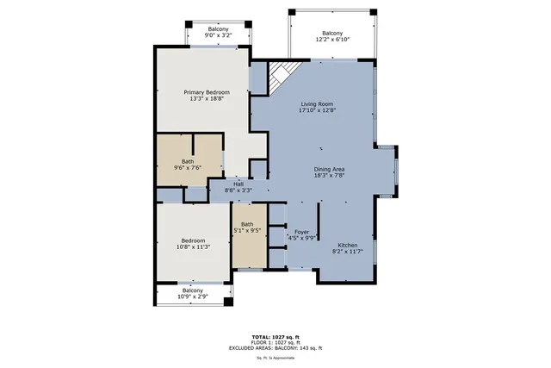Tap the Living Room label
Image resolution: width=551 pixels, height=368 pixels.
click(317, 104)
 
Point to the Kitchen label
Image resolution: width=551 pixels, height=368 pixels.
click(347, 245)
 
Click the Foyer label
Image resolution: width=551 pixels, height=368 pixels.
click(301, 231)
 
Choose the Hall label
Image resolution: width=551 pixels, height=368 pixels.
click(238, 184)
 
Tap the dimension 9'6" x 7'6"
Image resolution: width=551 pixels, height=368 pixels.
click(188, 168)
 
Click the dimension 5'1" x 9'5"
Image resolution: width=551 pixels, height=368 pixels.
click(247, 231)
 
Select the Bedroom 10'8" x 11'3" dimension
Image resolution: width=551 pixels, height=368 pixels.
click(193, 247)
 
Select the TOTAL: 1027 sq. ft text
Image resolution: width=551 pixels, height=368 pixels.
click(275, 336)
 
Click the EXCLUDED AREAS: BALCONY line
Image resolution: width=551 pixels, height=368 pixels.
click(275, 347)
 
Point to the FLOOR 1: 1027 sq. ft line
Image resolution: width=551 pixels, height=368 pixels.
click(275, 342)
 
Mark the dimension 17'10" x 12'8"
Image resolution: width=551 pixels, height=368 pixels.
click(317, 110)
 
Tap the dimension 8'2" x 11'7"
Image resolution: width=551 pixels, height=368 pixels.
click(347, 251)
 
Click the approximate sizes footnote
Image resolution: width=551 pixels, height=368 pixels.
click(275, 357)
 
